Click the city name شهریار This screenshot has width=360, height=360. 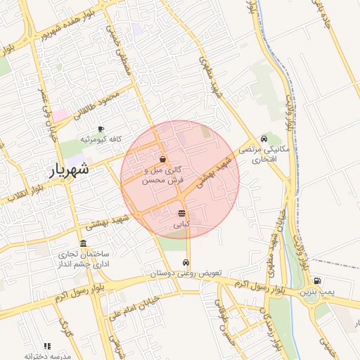pyautogui.click(x=70, y=169)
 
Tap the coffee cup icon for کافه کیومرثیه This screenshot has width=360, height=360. pyautogui.click(x=101, y=129)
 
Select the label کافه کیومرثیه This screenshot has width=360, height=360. pyautogui.click(x=101, y=139)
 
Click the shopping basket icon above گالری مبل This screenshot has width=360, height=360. pyautogui.click(x=163, y=160)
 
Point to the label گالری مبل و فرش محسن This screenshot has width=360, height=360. pyautogui.click(x=163, y=175)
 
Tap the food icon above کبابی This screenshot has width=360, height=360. pyautogui.click(x=182, y=213)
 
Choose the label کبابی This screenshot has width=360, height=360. pyautogui.click(x=181, y=225)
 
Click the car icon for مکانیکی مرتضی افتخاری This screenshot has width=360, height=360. pyautogui.click(x=264, y=139)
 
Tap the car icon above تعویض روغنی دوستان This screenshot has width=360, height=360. pyautogui.click(x=186, y=262)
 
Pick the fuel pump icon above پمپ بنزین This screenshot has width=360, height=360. pyautogui.click(x=318, y=280)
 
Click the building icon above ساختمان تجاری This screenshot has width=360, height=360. pyautogui.click(x=84, y=243)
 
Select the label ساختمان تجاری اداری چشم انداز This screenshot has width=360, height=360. pyautogui.click(x=83, y=258)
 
